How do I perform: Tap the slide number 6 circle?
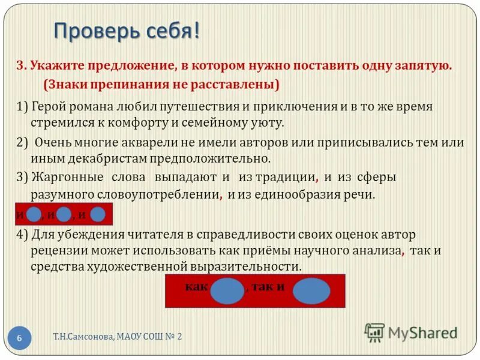pos(19,338)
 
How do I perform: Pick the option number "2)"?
pos(22,143)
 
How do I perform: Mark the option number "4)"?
pos(22,234)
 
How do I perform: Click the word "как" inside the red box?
pos(196,286)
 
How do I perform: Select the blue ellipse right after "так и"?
pos(311,291)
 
